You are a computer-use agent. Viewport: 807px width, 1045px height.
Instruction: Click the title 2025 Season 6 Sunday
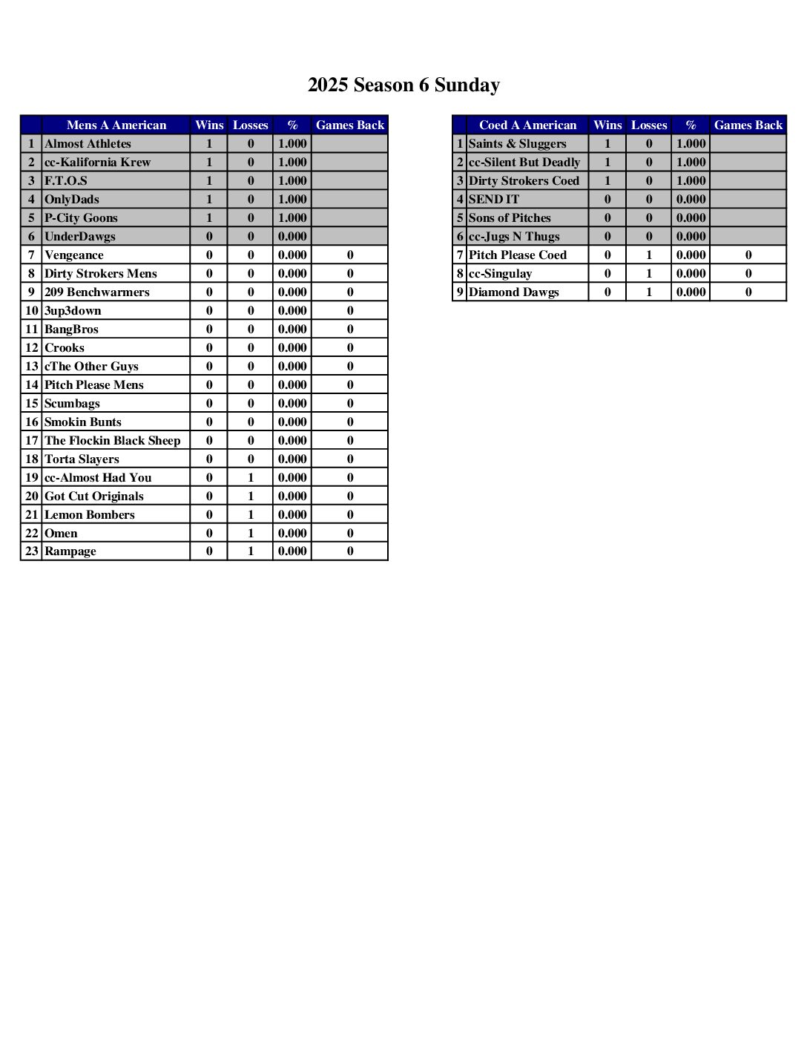[x=403, y=85]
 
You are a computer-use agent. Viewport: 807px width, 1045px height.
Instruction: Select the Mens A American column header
[x=116, y=125]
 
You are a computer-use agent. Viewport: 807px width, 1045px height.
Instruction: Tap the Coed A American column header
[x=527, y=125]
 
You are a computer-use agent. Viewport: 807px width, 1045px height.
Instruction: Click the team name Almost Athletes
[x=88, y=144]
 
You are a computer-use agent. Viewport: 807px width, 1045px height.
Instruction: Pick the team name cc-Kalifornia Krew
[x=97, y=163]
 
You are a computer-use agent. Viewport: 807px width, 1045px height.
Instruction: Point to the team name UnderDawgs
[x=79, y=237]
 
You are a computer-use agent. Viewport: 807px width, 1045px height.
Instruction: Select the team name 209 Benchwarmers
[x=96, y=292]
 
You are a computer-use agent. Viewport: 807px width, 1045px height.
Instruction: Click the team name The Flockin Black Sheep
[x=112, y=441]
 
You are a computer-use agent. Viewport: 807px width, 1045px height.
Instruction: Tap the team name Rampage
[x=70, y=551]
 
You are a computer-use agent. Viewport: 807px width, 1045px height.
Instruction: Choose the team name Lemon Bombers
[x=89, y=515]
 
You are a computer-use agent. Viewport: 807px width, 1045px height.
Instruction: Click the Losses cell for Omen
[x=251, y=534]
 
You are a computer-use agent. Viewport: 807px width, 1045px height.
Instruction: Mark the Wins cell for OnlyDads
[x=209, y=200]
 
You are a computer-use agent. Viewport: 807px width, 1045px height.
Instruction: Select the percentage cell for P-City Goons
[x=292, y=218]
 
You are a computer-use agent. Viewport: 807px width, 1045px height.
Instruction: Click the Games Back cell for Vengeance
[x=350, y=255]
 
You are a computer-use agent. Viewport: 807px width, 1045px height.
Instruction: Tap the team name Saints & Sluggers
[x=517, y=144]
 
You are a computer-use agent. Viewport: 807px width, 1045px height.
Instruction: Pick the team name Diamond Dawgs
[x=513, y=292]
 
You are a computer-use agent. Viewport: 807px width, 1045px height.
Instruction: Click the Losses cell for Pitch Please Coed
[x=649, y=255]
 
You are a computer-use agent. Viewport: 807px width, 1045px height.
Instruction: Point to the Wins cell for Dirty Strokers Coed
[x=607, y=181]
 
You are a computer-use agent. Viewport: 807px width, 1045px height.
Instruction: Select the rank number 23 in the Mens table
[x=31, y=551]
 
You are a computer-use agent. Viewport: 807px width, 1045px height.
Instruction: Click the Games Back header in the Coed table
[x=748, y=125]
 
